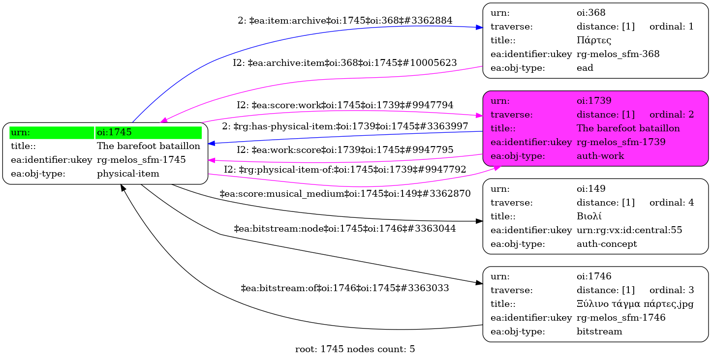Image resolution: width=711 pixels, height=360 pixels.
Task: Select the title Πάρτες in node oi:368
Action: coord(594,40)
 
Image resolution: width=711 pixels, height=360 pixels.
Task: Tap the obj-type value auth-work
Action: coord(600,156)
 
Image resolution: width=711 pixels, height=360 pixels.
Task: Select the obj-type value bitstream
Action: coord(599,331)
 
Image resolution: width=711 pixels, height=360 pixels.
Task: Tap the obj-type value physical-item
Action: coord(128,174)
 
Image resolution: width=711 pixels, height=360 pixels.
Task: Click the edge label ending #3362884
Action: coord(345,21)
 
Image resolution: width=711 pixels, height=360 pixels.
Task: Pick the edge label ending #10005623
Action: coord(345,63)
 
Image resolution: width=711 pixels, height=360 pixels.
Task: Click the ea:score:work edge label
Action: coord(345,105)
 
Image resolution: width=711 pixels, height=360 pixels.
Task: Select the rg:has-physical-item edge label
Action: coord(345,127)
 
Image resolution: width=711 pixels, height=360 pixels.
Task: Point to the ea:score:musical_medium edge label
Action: coord(345,194)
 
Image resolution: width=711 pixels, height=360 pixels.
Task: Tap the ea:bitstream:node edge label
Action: coord(345,229)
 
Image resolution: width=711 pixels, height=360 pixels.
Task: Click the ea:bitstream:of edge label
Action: coord(345,288)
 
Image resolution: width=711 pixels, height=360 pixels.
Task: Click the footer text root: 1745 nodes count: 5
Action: coord(355,350)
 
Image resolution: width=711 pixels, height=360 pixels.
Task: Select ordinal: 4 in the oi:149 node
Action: coord(672,203)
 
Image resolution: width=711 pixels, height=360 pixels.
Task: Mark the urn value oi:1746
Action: coord(594,276)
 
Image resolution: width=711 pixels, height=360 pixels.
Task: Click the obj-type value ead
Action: coord(585,68)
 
